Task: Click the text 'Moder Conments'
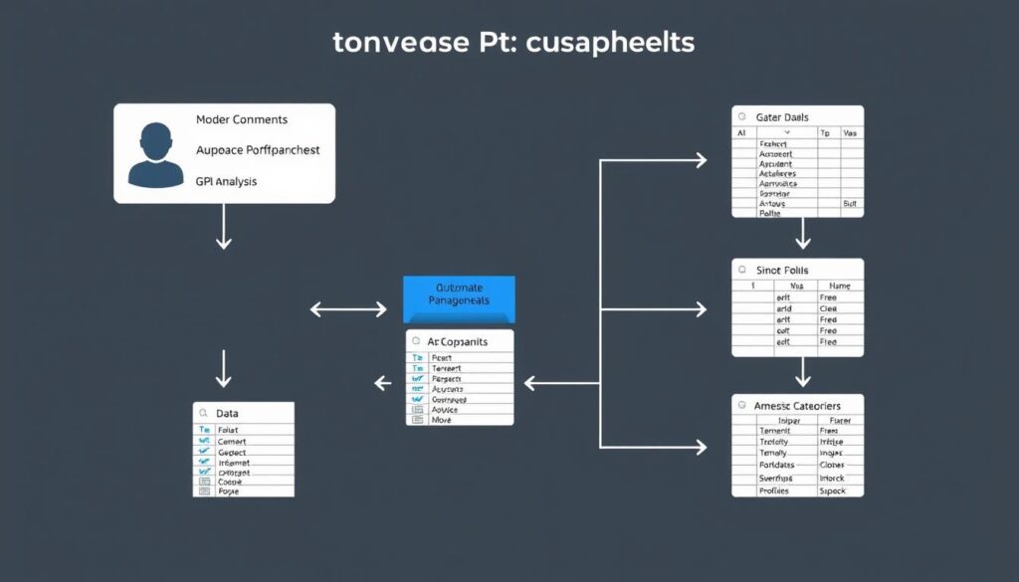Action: point(241,119)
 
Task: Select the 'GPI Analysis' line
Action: point(226,181)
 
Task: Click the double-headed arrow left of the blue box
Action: point(348,309)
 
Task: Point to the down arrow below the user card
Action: point(223,231)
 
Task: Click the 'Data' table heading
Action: point(227,413)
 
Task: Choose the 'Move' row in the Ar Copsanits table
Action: point(442,420)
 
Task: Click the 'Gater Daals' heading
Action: point(782,117)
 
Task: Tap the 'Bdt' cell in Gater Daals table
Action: point(850,202)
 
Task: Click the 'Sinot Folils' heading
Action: point(783,270)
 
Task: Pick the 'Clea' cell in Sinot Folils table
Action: point(828,308)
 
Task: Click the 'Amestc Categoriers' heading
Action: point(797,406)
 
